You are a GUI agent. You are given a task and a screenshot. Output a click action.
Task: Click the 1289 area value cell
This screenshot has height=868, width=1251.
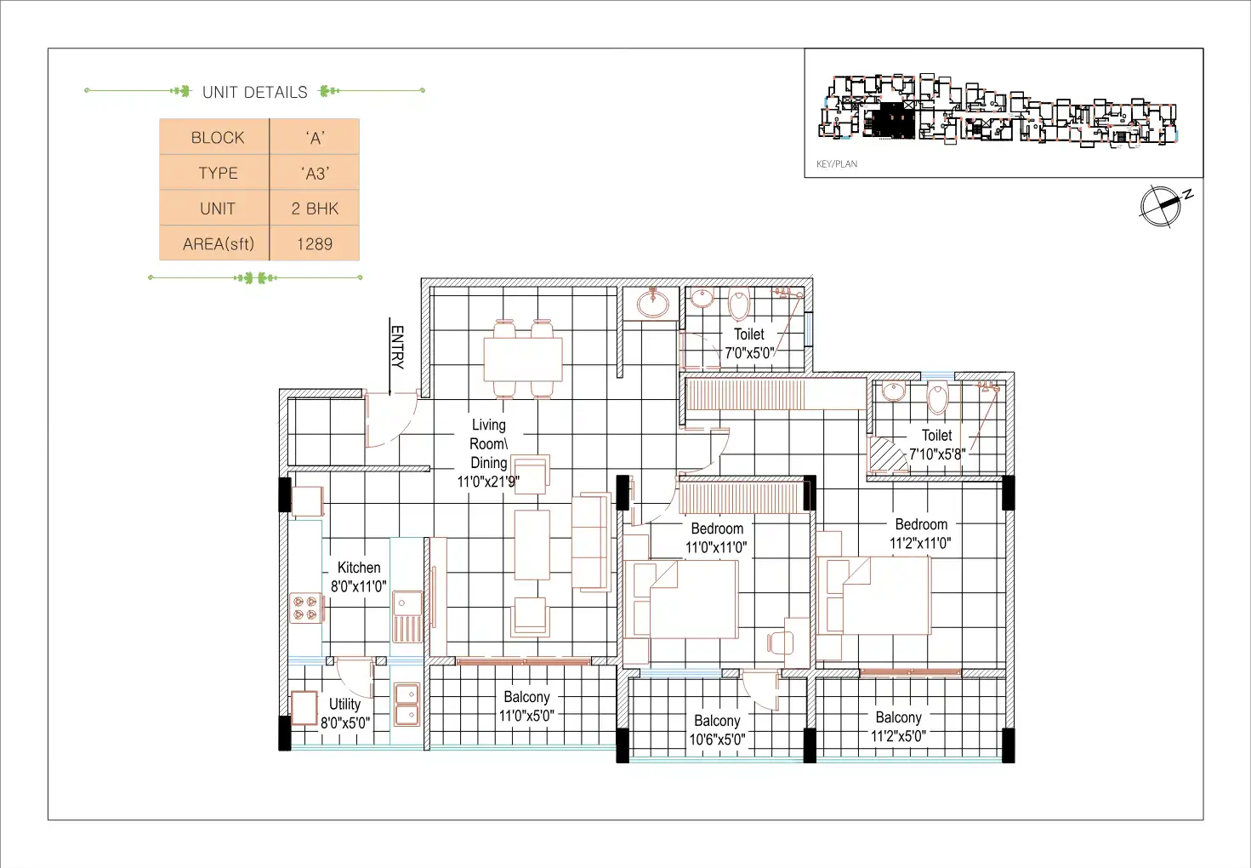[315, 243]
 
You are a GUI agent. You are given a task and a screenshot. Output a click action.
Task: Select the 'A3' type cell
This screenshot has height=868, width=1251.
[315, 173]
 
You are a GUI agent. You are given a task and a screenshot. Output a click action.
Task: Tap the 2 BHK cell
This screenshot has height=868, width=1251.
[315, 208]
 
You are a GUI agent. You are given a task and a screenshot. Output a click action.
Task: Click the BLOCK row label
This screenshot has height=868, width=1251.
[217, 138]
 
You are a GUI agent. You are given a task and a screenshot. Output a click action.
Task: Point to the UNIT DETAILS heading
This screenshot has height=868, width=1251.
[254, 92]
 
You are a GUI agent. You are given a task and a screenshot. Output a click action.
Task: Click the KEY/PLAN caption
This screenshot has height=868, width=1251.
[837, 163]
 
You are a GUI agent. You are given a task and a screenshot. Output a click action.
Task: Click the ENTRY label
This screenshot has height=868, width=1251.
[397, 347]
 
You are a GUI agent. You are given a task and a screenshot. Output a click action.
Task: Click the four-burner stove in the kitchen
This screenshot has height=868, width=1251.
[306, 608]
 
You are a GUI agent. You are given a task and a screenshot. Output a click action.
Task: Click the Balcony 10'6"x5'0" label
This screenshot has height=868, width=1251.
[717, 730]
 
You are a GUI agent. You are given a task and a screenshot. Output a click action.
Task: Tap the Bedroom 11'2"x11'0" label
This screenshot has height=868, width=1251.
[921, 534]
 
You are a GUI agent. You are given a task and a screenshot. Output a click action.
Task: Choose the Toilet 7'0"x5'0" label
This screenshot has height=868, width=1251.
[749, 343]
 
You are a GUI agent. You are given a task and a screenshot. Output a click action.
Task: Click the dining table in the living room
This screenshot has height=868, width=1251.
[523, 359]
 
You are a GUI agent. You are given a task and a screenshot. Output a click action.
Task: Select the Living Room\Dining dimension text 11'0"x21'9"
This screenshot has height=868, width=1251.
[488, 481]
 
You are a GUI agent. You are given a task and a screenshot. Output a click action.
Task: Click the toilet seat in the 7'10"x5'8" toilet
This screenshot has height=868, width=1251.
[938, 398]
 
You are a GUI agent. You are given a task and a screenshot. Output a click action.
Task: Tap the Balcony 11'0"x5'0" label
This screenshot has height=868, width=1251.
[526, 706]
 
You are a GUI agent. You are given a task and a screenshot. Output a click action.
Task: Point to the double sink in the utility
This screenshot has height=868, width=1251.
[407, 704]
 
